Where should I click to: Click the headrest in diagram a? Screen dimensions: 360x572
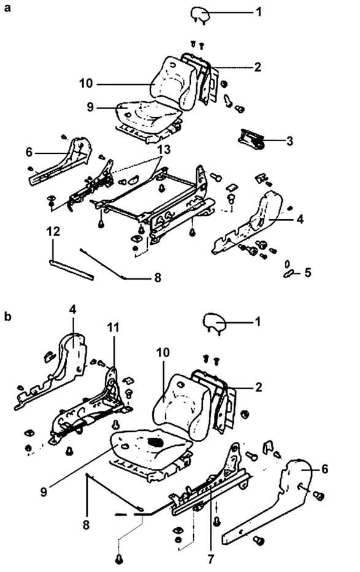[x=200, y=15]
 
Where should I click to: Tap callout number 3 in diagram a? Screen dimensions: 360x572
[x=289, y=141]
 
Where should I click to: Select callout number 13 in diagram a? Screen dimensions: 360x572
[x=164, y=150]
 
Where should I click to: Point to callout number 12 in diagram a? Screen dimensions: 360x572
[x=53, y=231]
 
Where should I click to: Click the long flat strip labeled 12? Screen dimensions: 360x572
[x=71, y=270]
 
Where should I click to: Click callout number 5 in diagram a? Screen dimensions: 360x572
[x=308, y=272]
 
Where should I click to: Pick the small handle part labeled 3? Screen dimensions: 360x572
[x=251, y=139]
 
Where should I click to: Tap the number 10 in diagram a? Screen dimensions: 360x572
[x=86, y=83]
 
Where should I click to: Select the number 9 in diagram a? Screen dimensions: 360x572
[x=90, y=107]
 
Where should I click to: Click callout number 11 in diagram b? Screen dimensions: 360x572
[x=113, y=328]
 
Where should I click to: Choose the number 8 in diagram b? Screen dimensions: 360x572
[x=86, y=525]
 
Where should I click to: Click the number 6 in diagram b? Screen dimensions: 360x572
[x=324, y=469]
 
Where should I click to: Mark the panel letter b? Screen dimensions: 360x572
[x=7, y=316]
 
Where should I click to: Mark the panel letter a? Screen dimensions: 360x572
[x=7, y=7]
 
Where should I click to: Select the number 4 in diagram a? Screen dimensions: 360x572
[x=299, y=219]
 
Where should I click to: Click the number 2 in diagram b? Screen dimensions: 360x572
[x=258, y=387]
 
